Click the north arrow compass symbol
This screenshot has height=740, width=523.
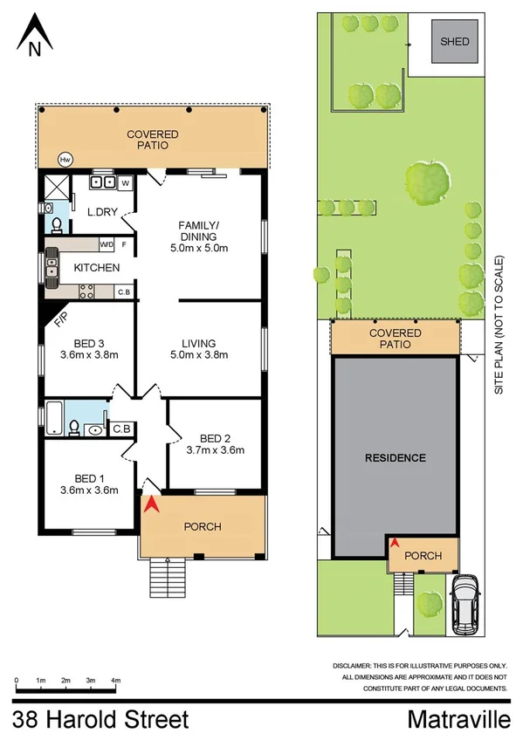[34, 35]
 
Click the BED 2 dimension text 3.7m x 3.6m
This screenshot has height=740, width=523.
[214, 450]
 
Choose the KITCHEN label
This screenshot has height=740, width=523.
[96, 267]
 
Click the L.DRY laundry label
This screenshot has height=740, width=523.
[103, 211]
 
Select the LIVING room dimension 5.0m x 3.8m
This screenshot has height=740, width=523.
[199, 355]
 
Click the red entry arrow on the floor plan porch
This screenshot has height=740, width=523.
[153, 504]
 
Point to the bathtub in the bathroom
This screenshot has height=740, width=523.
[57, 417]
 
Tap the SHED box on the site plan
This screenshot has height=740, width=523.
[454, 41]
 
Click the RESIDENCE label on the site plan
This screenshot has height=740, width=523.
[395, 457]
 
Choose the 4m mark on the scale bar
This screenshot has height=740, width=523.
[115, 681]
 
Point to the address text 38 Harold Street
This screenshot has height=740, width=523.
[101, 720]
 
